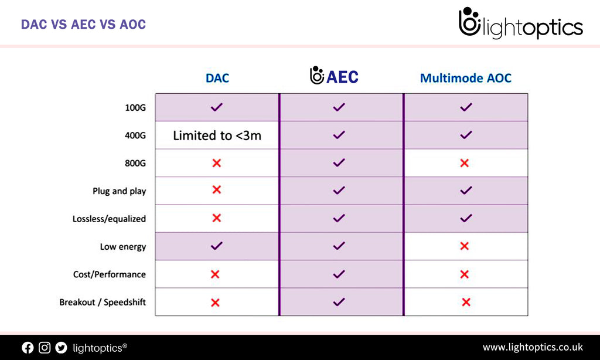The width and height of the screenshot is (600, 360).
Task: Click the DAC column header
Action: (217, 78)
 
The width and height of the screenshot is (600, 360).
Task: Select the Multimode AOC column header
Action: (466, 78)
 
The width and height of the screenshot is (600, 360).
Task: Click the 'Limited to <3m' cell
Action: (217, 135)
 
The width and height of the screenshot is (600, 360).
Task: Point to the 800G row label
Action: (135, 163)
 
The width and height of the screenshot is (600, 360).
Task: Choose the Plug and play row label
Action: (119, 191)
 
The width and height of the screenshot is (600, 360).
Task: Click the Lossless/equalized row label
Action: (109, 219)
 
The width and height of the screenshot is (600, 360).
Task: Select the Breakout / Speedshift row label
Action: (103, 303)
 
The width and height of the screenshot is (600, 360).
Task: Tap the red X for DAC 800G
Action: (216, 163)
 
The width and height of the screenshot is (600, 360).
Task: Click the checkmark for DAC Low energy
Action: (216, 246)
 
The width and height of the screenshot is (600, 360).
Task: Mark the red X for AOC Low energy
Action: (465, 246)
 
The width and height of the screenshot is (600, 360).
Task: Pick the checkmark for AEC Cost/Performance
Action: (339, 274)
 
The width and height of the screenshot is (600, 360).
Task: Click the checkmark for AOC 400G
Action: (466, 135)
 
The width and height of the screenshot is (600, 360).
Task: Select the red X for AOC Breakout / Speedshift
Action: (466, 302)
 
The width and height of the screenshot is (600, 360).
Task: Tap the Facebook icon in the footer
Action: (28, 348)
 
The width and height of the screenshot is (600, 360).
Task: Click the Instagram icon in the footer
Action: (45, 348)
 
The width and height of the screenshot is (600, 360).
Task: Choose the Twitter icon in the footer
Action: (61, 348)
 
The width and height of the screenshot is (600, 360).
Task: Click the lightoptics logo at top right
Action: (520, 25)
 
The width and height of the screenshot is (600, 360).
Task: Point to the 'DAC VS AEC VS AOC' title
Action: (83, 25)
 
